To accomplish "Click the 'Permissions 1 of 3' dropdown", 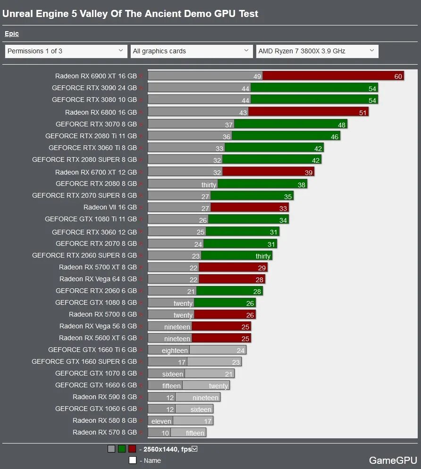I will point(66,51).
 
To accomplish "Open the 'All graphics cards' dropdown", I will point(192,51).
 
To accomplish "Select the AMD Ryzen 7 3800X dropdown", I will point(317,51).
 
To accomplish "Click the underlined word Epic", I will point(12,33).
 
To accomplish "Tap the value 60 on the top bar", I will point(398,76).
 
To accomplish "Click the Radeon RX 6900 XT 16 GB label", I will point(96,76).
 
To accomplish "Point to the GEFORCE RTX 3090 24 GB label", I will point(94,88).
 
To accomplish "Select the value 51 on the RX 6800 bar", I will point(363,112).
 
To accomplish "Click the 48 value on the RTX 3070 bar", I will point(342,125).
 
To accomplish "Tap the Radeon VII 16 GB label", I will point(110,207).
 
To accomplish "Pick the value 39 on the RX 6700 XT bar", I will point(309,173).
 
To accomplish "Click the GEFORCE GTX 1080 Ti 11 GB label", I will point(91,219).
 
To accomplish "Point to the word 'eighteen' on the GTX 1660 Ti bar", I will point(175,351).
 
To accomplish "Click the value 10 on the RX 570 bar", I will point(165,433).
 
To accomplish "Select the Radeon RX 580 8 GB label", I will point(105,420).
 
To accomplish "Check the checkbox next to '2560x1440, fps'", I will point(194,449).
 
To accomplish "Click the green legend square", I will point(121,449).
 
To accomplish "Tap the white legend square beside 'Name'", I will point(133,460).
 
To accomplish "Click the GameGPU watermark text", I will point(393,460).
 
